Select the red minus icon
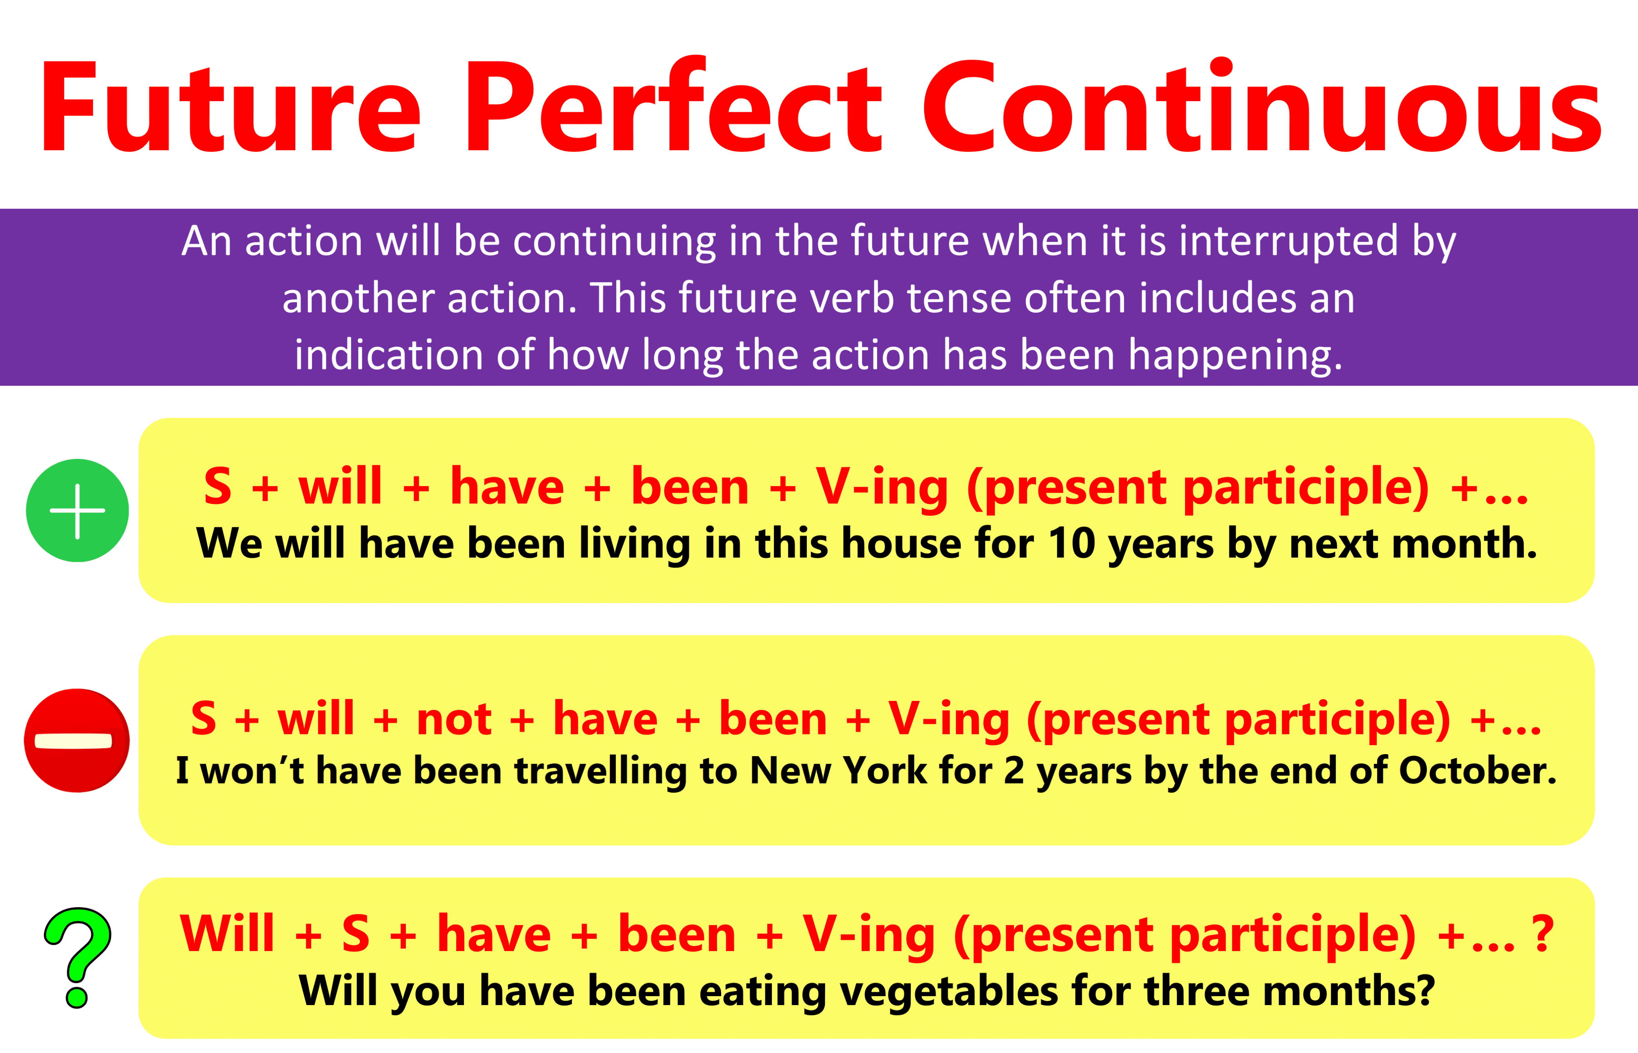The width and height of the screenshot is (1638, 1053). tap(77, 741)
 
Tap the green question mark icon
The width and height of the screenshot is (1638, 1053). tap(77, 957)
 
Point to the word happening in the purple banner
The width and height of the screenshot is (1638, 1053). tap(1235, 355)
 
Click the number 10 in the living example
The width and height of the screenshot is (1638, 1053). tap(1072, 544)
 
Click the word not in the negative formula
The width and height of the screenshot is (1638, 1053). tap(453, 719)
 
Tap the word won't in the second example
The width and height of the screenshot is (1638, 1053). tap(252, 771)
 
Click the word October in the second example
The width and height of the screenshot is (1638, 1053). tap(1477, 771)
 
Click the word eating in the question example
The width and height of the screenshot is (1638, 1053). tap(762, 992)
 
